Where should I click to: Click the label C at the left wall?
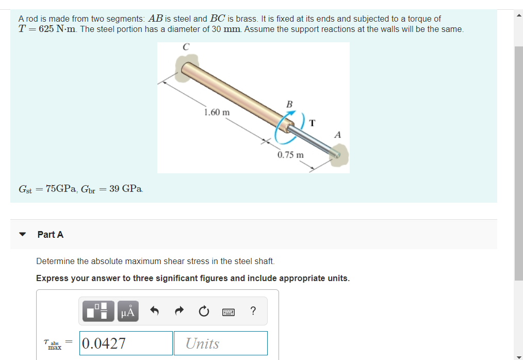(x=186, y=47)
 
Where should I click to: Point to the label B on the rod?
(x=289, y=105)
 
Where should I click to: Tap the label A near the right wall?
(x=337, y=135)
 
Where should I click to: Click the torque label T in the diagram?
(x=313, y=123)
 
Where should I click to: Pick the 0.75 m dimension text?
(x=290, y=155)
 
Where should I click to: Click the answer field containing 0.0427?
(x=126, y=343)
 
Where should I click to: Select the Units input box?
(x=220, y=343)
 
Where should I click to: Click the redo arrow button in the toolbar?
(x=178, y=311)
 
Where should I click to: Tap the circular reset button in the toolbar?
(x=203, y=311)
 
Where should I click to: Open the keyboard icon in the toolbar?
(x=228, y=312)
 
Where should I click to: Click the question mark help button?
(x=252, y=310)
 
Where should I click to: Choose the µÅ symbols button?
(x=127, y=311)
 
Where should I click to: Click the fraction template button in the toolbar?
(x=97, y=311)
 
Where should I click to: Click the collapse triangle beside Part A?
(x=22, y=235)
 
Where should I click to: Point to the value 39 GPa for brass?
(x=126, y=189)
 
